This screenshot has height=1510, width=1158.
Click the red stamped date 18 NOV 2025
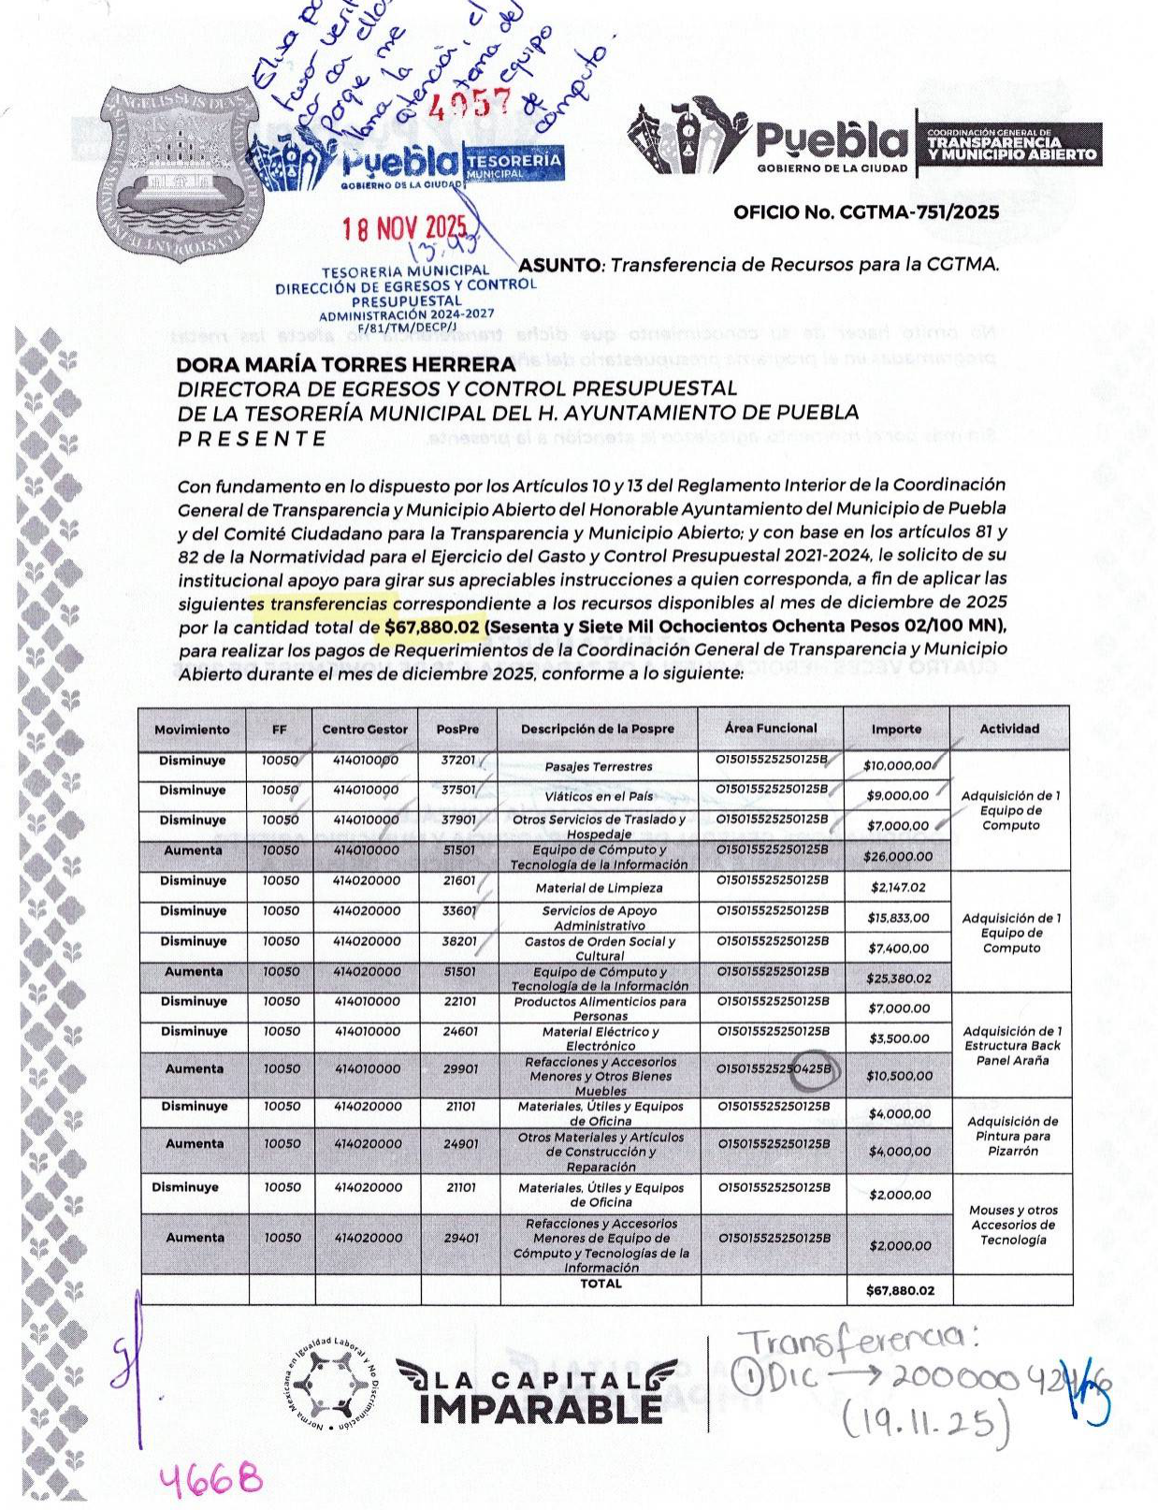click(x=404, y=227)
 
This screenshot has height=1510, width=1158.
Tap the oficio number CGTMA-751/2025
click(x=865, y=212)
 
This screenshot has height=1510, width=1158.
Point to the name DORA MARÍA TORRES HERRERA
click(x=346, y=364)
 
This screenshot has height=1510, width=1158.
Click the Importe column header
click(x=895, y=729)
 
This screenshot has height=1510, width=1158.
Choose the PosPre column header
click(x=457, y=729)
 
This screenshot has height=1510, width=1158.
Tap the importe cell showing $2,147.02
click(x=897, y=887)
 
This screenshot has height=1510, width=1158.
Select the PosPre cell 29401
click(x=460, y=1238)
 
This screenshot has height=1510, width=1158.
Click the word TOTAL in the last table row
click(x=601, y=1284)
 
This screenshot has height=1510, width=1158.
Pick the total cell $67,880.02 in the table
click(x=900, y=1290)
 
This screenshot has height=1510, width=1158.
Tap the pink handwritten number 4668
click(x=210, y=1480)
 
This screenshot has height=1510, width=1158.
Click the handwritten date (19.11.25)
click(x=927, y=1426)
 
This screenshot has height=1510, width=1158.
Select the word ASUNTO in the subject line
click(x=559, y=265)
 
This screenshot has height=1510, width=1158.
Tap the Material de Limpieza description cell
click(x=599, y=888)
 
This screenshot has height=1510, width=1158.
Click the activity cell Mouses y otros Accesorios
click(x=1012, y=1225)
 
